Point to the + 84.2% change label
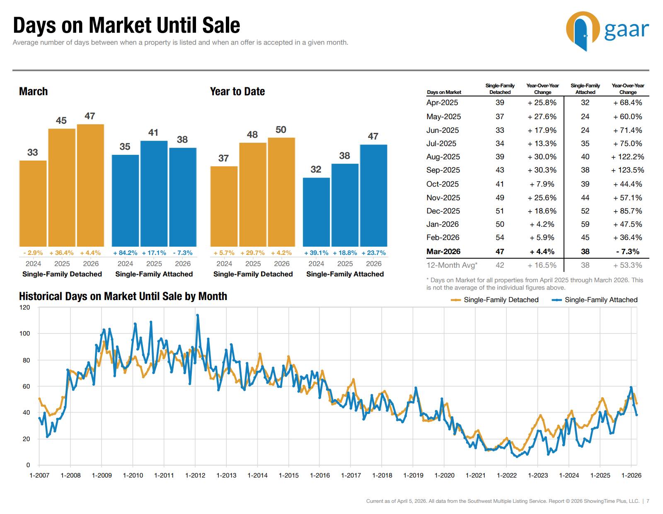[125, 252]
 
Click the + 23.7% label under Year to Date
[373, 252]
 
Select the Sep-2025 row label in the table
[442, 170]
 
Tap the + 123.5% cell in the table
[627, 170]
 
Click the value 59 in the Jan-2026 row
[585, 224]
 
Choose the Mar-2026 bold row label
[443, 252]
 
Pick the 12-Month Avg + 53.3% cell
[627, 265]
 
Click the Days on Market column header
[444, 92]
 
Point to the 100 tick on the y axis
[25, 334]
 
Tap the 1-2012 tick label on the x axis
[195, 475]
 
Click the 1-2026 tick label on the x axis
[631, 475]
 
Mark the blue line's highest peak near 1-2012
[197, 315]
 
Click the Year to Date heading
[237, 91]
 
